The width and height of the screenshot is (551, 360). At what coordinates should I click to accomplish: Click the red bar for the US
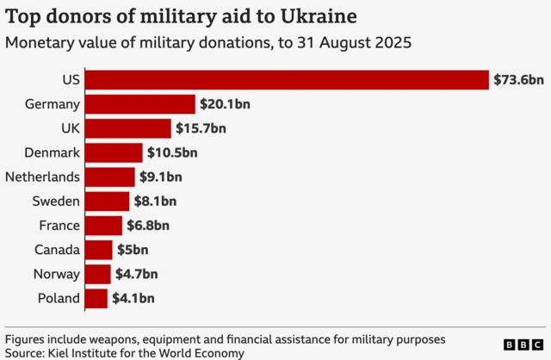tap(288, 80)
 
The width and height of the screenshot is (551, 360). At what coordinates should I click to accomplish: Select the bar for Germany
tap(140, 104)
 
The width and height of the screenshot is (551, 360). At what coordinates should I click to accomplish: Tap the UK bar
tap(128, 128)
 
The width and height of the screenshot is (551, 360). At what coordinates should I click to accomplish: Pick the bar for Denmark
tap(115, 153)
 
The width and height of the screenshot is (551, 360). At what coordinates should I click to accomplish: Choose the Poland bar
tap(96, 299)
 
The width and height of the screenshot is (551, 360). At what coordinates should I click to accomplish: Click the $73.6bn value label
tap(518, 80)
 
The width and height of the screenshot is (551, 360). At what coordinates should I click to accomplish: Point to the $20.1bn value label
tap(225, 104)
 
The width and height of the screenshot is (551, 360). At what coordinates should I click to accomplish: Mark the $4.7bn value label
tap(136, 275)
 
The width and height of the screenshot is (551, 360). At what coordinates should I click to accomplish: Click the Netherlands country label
tap(43, 177)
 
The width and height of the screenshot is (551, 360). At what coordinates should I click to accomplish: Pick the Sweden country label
tap(56, 202)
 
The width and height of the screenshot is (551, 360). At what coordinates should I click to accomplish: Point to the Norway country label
tap(56, 275)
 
